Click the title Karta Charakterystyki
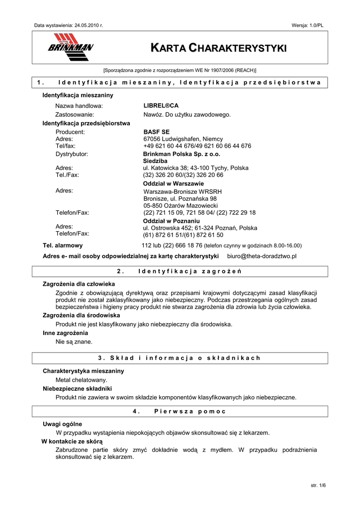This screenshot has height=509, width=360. coord(219,48)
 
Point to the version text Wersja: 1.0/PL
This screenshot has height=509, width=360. coord(308,25)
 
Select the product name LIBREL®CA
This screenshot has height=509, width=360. coord(161,106)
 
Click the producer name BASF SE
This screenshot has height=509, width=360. coord(157,132)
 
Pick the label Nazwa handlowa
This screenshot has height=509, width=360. coord(79,106)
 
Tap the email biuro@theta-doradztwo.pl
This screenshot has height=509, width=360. coord(262,256)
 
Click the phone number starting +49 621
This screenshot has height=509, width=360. coord(197,146)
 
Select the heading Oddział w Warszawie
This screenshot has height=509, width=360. coord(167,183)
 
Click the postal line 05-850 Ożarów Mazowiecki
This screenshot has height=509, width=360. coord(180,205)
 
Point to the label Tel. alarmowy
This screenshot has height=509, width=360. coord(63,246)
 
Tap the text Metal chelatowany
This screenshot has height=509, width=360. coord(81,380)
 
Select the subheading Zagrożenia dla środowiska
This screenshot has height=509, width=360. coord(82,315)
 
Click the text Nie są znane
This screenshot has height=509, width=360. coord(74,341)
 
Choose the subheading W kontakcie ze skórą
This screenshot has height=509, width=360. coord(72,441)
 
